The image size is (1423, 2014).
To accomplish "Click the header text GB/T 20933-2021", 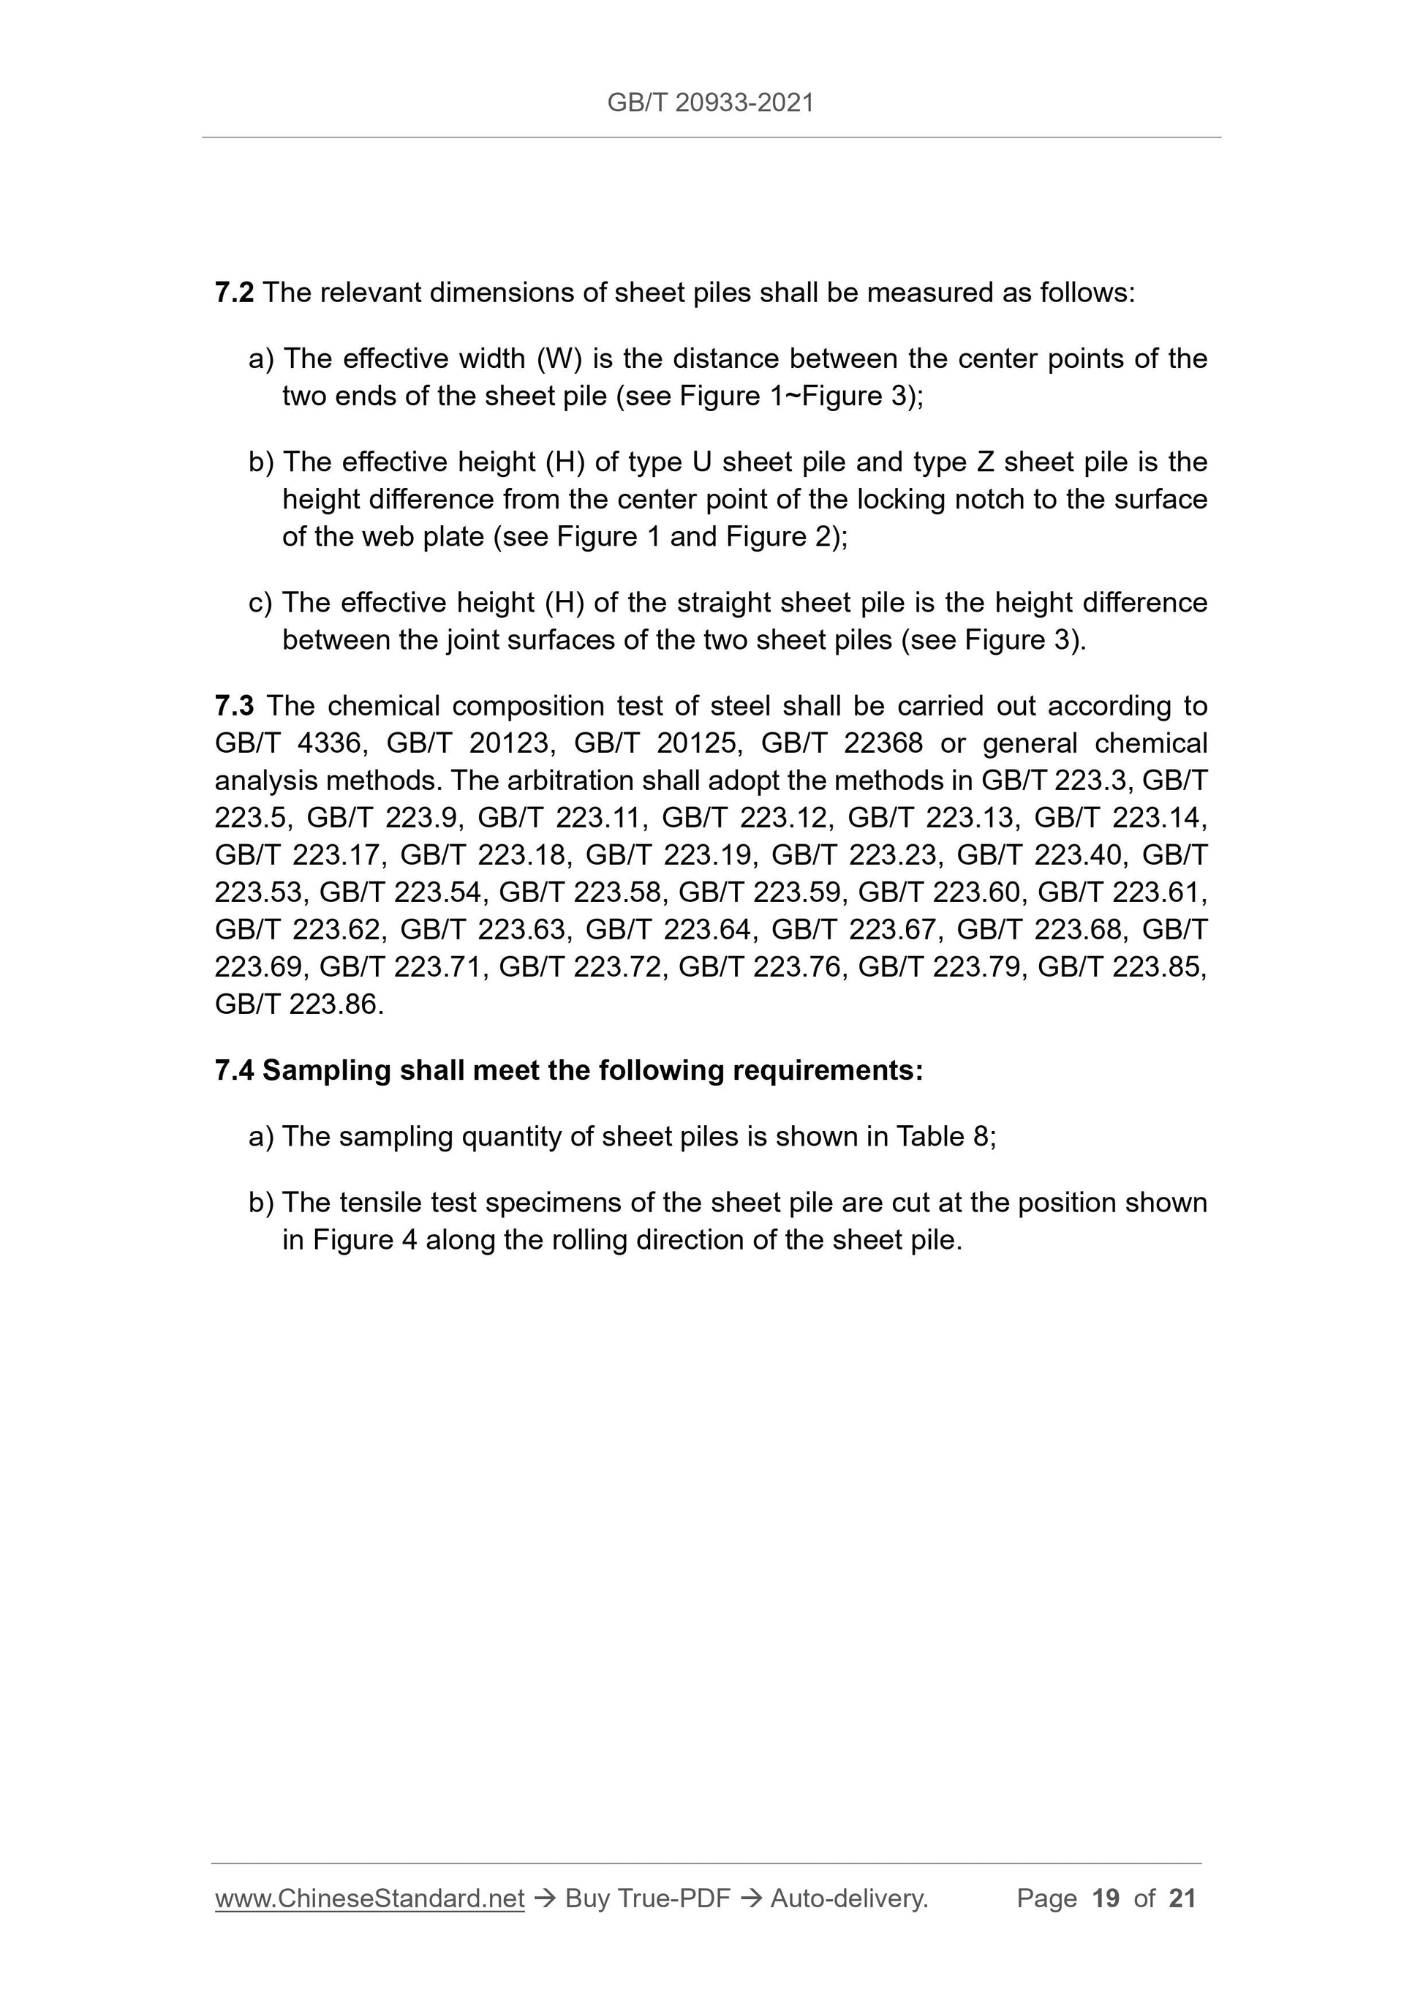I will click(x=710, y=103).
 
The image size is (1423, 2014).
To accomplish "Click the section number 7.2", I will click(x=234, y=293).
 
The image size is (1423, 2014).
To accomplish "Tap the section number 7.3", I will click(x=234, y=706).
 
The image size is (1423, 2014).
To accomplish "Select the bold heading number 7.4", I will click(x=234, y=1071).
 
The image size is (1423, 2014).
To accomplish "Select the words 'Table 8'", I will click(x=943, y=1137).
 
